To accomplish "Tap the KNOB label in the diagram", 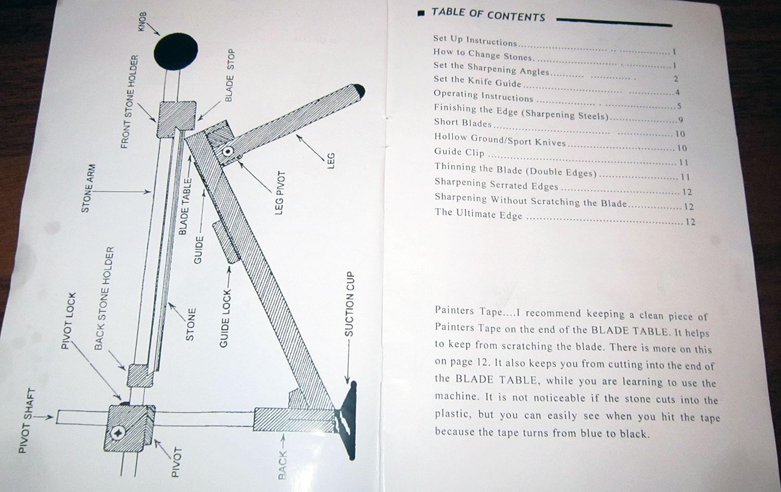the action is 143,21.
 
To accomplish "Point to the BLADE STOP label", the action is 230,76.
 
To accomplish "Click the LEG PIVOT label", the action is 279,193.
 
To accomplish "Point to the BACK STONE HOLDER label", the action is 104,298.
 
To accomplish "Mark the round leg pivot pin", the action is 228,152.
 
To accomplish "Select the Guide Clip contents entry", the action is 459,152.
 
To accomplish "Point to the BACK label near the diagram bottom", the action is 282,465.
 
